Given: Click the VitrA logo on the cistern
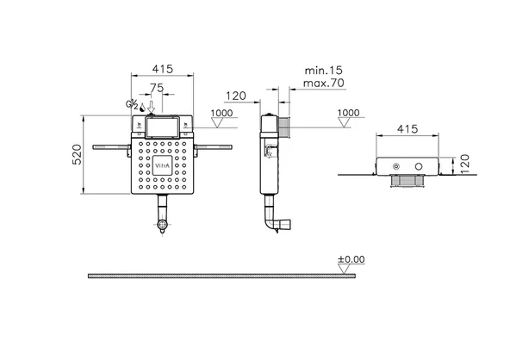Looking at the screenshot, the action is pos(162,165).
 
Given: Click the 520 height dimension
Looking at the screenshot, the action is pos(77,154).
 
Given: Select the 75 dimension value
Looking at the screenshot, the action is pos(157,88).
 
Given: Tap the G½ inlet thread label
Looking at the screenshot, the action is pos(132,104).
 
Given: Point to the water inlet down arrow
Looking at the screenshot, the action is pos(152,106).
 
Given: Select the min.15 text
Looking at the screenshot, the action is pos(323,70).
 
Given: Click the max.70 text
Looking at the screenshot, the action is pos(323,83).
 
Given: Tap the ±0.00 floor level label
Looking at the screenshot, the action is pos(351,259).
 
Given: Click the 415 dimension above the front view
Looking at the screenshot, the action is pos(163,69).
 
